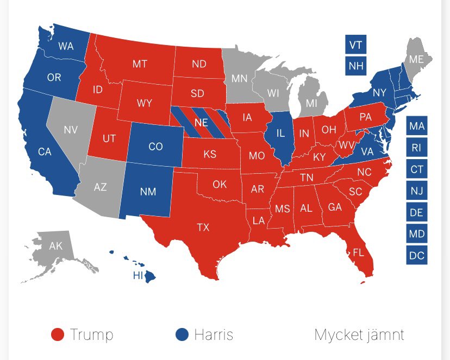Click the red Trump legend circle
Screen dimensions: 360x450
pyautogui.click(x=58, y=334)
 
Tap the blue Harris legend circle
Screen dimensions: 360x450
pyautogui.click(x=182, y=334)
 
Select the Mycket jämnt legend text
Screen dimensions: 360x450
pyautogui.click(x=359, y=334)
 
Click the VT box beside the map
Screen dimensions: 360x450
pyautogui.click(x=355, y=45)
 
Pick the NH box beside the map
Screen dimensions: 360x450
pyautogui.click(x=355, y=66)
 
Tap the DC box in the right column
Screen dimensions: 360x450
pyautogui.click(x=416, y=255)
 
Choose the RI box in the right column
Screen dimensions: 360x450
pyautogui.click(x=416, y=147)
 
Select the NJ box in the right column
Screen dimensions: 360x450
pyautogui.click(x=416, y=191)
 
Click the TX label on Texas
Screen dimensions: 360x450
pyautogui.click(x=203, y=228)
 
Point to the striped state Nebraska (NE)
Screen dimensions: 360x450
pyautogui.click(x=201, y=123)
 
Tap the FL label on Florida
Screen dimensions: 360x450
pyautogui.click(x=358, y=252)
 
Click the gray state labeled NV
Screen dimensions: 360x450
pyautogui.click(x=70, y=130)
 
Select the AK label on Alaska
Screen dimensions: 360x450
pyautogui.click(x=56, y=246)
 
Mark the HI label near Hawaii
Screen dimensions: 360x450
pyautogui.click(x=138, y=275)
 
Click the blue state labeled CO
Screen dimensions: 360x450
pyautogui.click(x=155, y=147)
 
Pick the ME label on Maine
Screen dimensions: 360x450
pyautogui.click(x=416, y=59)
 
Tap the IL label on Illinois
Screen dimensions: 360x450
pyautogui.click(x=280, y=133)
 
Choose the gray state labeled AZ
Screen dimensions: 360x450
pyautogui.click(x=100, y=187)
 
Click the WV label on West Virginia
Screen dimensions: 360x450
pyautogui.click(x=346, y=146)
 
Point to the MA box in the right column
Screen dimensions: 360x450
pyautogui.click(x=416, y=126)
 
